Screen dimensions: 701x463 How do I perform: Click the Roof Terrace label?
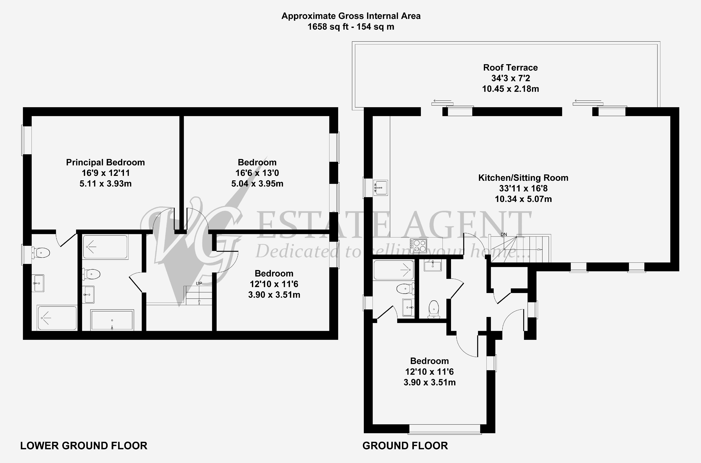point(510,68)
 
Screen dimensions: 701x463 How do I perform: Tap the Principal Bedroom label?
point(105,162)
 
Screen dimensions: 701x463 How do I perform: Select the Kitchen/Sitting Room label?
point(523,178)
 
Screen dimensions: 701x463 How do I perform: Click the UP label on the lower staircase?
point(199,283)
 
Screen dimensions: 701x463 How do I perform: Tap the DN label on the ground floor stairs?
point(504,234)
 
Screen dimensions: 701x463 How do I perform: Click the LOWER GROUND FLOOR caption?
point(84,446)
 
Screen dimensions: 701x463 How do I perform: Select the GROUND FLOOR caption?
point(405,446)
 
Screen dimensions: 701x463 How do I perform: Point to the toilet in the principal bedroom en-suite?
point(41,253)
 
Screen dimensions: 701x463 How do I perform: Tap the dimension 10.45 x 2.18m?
point(510,89)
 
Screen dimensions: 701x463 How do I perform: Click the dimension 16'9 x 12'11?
point(105,173)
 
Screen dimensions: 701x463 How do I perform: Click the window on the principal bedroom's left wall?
point(27,140)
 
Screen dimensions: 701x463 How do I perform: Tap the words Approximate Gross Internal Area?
point(351,16)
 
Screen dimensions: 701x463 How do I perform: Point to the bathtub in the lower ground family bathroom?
point(112,320)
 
